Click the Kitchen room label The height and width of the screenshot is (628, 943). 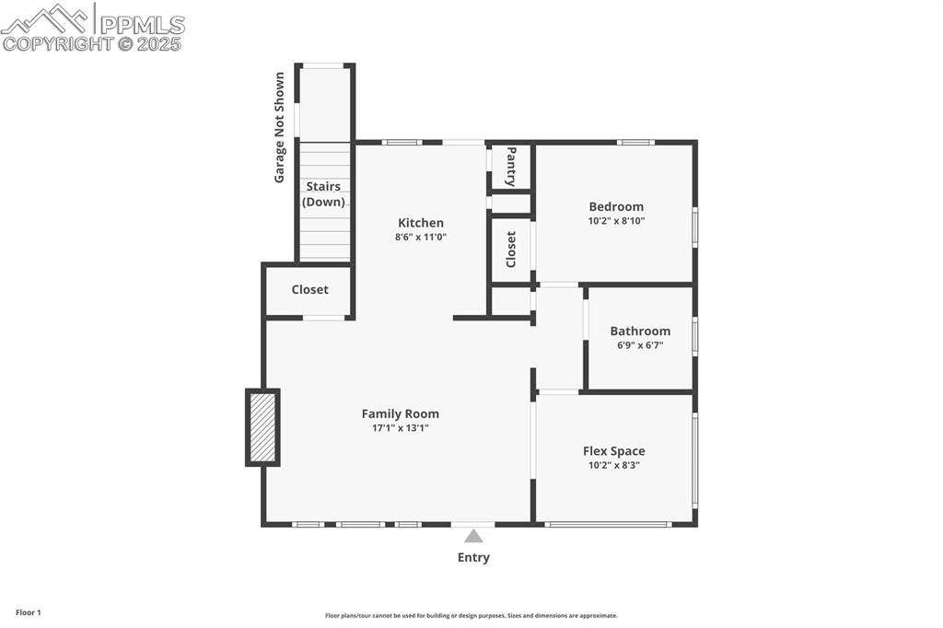pyautogui.click(x=420, y=223)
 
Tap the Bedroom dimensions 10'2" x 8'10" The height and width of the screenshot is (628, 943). pyautogui.click(x=616, y=221)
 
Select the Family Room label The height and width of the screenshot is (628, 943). pyautogui.click(x=400, y=413)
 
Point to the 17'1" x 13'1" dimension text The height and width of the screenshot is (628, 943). pyautogui.click(x=400, y=428)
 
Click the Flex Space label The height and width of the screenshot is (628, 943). pyautogui.click(x=613, y=451)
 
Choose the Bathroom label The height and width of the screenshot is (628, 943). pyautogui.click(x=640, y=331)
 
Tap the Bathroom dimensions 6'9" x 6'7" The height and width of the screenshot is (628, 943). pyautogui.click(x=640, y=345)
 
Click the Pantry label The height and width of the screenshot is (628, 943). pyautogui.click(x=511, y=167)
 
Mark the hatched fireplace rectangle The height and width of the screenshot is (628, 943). pyautogui.click(x=262, y=427)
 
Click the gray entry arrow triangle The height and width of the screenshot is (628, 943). pyautogui.click(x=473, y=536)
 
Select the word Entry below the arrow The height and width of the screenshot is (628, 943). pyautogui.click(x=473, y=558)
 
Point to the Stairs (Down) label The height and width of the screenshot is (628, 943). pyautogui.click(x=323, y=193)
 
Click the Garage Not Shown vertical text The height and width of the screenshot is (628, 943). pyautogui.click(x=279, y=127)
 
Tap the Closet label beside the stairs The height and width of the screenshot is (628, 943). pyautogui.click(x=309, y=289)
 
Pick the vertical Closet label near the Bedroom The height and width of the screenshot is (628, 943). pyautogui.click(x=510, y=249)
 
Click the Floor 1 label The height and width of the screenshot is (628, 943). pyautogui.click(x=29, y=612)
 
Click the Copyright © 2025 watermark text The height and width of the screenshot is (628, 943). pyautogui.click(x=91, y=43)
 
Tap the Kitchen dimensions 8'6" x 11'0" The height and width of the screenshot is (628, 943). pyautogui.click(x=420, y=237)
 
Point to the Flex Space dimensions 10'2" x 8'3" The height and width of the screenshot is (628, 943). pyautogui.click(x=613, y=465)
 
